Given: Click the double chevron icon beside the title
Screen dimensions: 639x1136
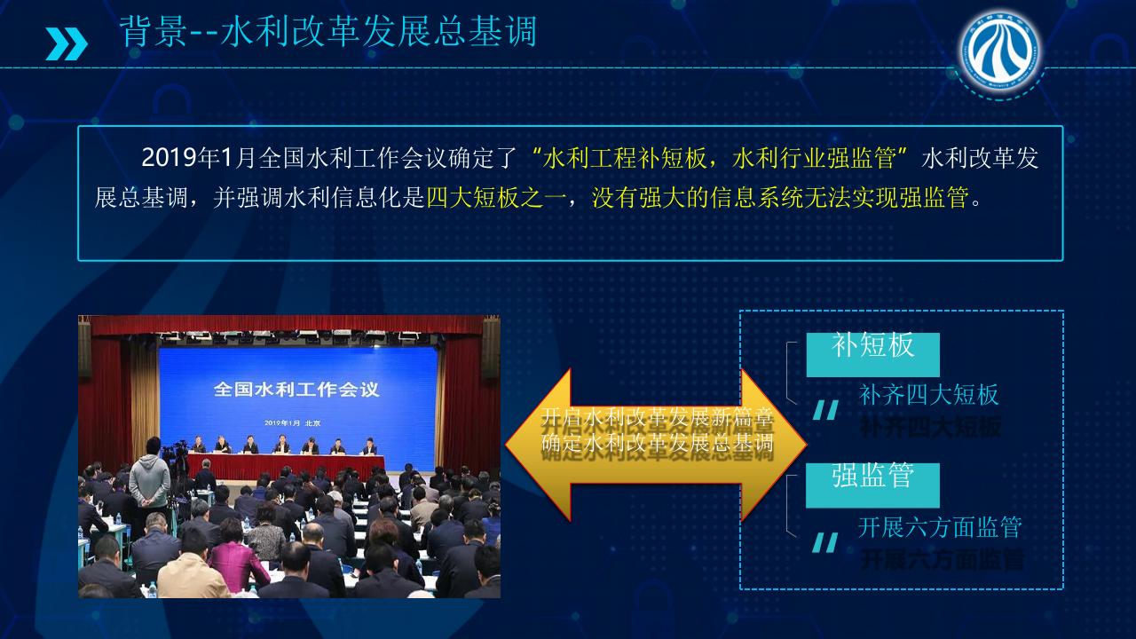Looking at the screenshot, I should click(x=67, y=43).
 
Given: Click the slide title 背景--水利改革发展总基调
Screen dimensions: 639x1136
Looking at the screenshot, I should click(x=328, y=32).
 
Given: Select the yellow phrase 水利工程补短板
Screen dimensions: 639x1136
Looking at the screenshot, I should click(x=625, y=159).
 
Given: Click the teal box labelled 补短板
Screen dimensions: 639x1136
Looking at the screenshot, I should click(x=872, y=354).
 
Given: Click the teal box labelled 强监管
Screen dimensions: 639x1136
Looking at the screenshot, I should click(x=872, y=485).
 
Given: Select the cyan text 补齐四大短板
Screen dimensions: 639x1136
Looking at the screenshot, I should click(x=929, y=395).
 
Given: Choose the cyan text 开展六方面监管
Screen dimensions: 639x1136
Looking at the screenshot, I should click(x=940, y=527).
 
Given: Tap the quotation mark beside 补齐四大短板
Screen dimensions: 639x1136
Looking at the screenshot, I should click(x=825, y=410).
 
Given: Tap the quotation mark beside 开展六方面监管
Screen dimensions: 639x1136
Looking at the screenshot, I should click(x=825, y=542).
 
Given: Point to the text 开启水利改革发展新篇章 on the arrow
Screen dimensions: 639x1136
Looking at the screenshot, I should click(x=657, y=418).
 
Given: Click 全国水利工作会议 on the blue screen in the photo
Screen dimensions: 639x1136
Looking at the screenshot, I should click(x=296, y=389).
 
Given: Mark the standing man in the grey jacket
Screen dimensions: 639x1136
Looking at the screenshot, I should click(x=149, y=479).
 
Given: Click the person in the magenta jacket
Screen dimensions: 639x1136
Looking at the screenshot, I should click(x=239, y=559).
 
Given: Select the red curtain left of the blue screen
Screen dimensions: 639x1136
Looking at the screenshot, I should click(x=111, y=399).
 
